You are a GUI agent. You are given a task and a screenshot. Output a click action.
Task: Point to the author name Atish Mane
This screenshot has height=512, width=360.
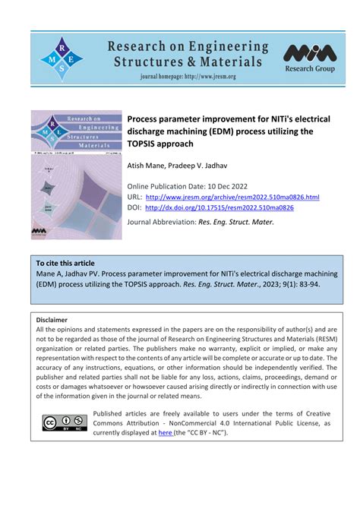click(148, 164)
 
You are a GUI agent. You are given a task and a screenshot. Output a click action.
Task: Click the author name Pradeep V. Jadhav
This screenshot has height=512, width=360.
click(203, 164)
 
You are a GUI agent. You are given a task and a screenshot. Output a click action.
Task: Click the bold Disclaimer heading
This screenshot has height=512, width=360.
click(52, 321)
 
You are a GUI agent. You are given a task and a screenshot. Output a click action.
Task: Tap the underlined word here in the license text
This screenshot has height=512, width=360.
click(165, 433)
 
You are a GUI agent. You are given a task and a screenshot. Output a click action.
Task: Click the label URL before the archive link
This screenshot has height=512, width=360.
click(134, 197)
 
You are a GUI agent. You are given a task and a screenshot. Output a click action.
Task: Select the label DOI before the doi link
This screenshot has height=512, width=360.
click(134, 207)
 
